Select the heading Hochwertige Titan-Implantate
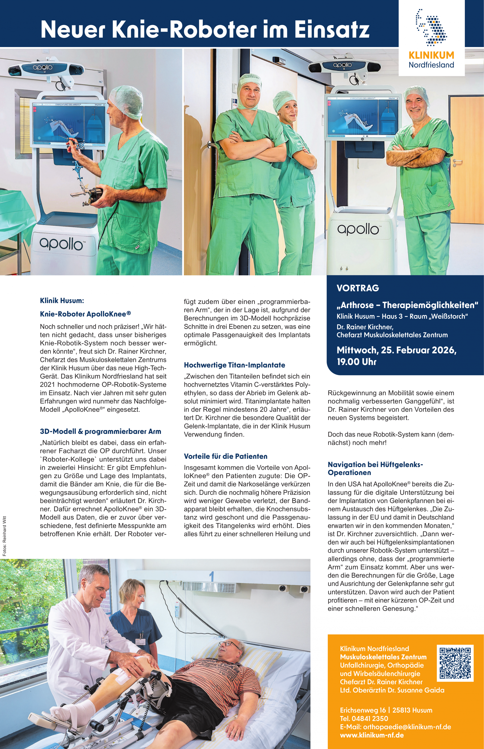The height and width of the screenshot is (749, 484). pyautogui.click(x=234, y=365)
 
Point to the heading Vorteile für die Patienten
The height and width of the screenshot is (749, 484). pyautogui.click(x=225, y=456)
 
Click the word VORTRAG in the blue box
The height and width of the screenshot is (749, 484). pyautogui.click(x=358, y=288)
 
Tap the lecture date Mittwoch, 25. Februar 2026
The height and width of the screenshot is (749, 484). pyautogui.click(x=396, y=350)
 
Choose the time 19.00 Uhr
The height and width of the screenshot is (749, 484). pyautogui.click(x=356, y=362)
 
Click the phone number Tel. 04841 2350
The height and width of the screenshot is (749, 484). pyautogui.click(x=364, y=718)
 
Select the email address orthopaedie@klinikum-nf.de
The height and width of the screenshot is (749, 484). pyautogui.click(x=407, y=727)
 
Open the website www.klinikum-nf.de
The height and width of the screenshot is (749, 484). pyautogui.click(x=372, y=735)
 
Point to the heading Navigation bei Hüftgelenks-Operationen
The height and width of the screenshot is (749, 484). pyautogui.click(x=375, y=469)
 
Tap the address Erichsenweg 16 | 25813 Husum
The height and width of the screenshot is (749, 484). pyautogui.click(x=386, y=710)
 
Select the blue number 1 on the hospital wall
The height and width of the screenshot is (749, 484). pyautogui.click(x=212, y=576)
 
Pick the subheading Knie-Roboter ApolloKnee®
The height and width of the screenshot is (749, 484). pyautogui.click(x=85, y=314)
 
